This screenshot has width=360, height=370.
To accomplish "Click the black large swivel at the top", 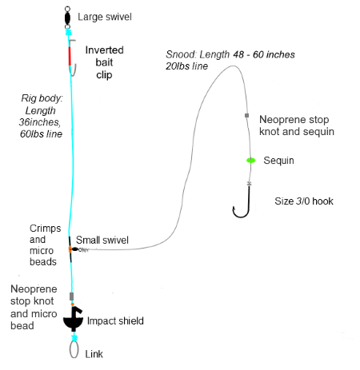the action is [67, 18].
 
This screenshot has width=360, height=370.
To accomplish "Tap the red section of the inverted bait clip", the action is [70, 56].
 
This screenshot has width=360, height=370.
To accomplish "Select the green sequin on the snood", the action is [251, 161].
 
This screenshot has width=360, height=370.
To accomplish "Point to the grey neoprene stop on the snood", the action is [247, 115].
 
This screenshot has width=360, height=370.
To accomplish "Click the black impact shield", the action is [73, 320].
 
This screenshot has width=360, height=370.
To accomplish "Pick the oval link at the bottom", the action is [74, 349].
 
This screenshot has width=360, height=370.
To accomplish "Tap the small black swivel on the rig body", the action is [75, 249].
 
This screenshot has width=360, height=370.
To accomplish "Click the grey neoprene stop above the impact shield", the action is [71, 296].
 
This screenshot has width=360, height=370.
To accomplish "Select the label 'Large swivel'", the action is [105, 17].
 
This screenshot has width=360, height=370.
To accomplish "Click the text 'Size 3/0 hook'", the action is [304, 201].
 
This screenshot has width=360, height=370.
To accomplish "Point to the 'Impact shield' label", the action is [115, 320].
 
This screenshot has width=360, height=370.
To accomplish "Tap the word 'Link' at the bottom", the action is [94, 354].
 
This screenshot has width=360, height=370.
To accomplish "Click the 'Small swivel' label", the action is [102, 240].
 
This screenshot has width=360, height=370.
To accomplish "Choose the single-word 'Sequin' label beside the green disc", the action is [278, 161].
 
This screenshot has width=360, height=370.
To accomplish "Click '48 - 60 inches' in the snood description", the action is [264, 54].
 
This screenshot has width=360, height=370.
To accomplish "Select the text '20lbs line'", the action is [186, 66].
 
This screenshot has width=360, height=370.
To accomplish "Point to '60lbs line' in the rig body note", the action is [41, 133].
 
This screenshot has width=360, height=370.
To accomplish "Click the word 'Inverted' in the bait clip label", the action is [104, 50].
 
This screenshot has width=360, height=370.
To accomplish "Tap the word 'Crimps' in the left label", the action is [46, 229].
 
